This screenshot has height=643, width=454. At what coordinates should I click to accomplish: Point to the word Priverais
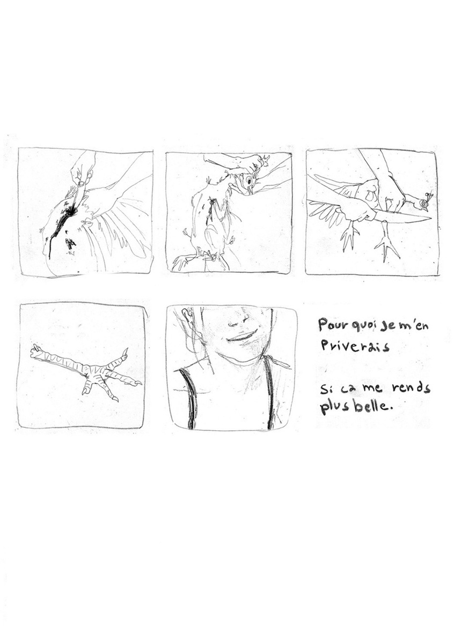pyautogui.click(x=354, y=346)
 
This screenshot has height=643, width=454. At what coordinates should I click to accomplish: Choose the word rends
pyautogui.click(x=412, y=388)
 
